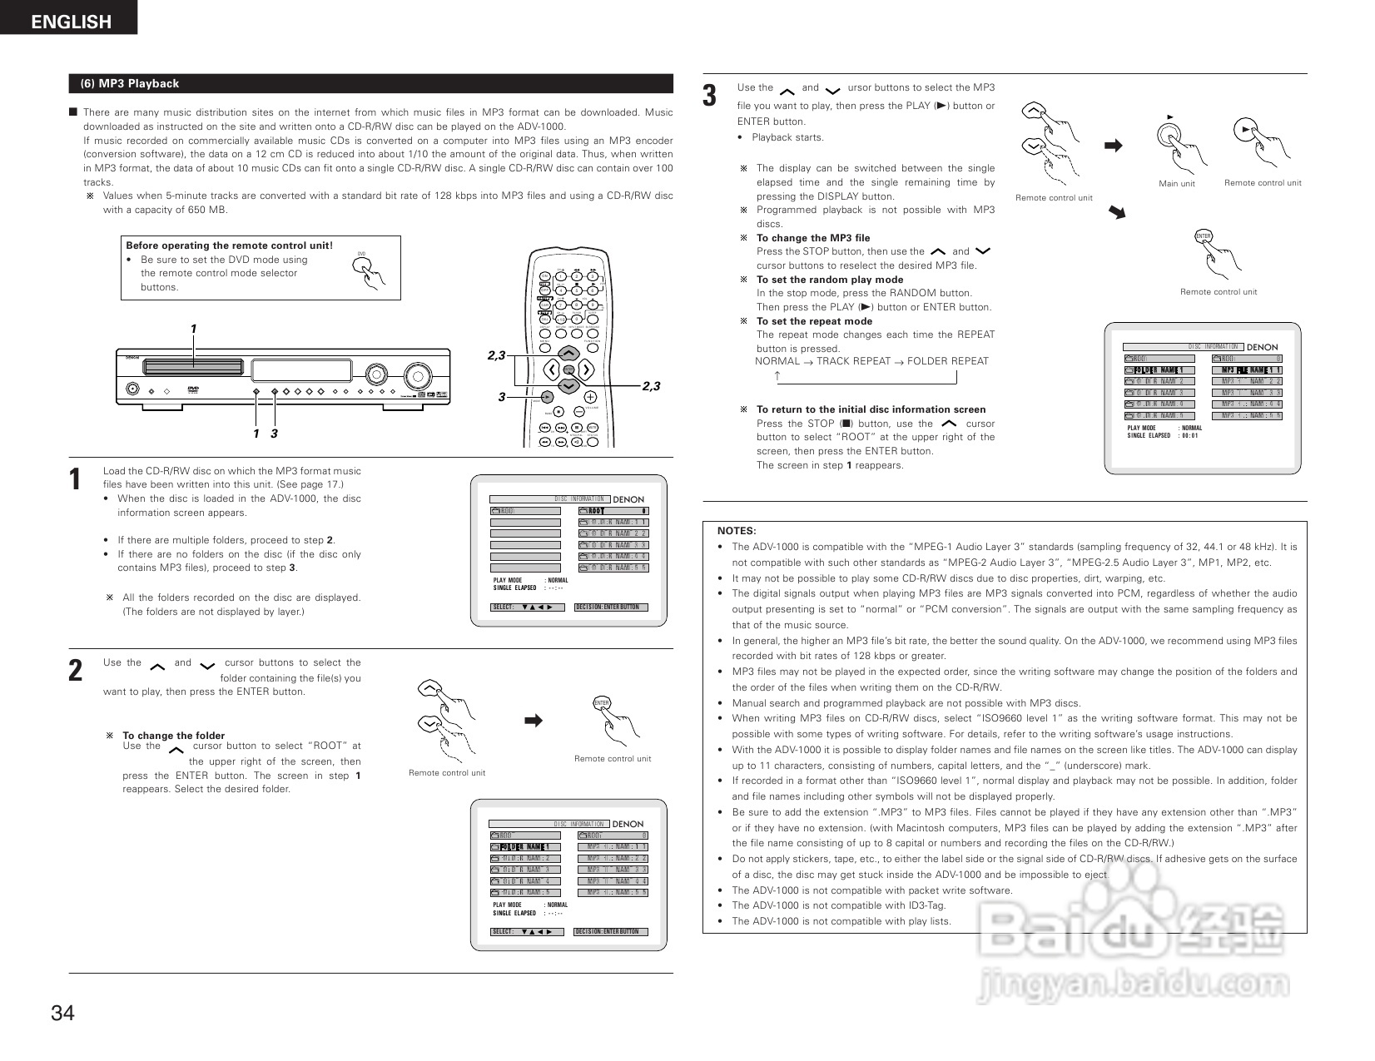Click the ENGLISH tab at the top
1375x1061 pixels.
click(71, 22)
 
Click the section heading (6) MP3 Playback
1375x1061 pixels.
click(129, 83)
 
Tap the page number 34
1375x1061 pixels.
click(62, 1013)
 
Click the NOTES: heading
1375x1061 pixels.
click(737, 531)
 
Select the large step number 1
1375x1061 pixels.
click(76, 480)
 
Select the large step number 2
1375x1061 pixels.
click(76, 671)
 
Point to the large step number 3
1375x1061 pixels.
click(709, 96)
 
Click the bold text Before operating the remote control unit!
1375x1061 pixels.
click(229, 245)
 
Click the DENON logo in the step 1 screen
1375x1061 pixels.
click(628, 500)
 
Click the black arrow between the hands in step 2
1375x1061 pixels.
click(534, 720)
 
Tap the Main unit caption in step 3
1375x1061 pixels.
click(1176, 184)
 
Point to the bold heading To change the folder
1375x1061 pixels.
click(173, 736)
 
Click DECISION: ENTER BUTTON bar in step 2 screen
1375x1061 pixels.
click(610, 932)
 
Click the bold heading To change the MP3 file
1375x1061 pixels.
click(812, 238)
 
